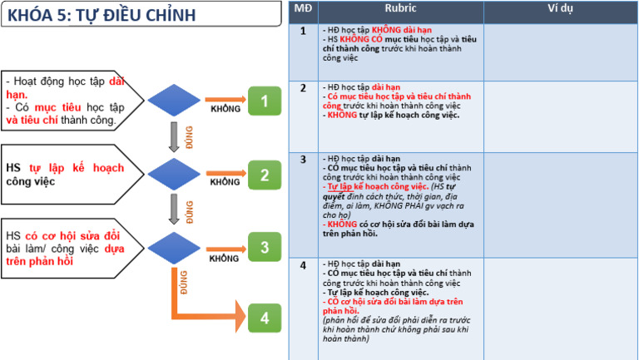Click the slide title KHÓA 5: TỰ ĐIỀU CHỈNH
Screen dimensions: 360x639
coord(100,15)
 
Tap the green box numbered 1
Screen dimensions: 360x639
coord(265,101)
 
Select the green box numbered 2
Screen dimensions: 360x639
coord(265,175)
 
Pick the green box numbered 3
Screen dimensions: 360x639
coord(265,247)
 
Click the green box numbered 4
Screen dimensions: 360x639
coord(265,318)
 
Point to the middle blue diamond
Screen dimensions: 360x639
coord(175,175)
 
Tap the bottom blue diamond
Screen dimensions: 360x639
coord(175,247)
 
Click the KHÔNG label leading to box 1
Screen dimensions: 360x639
coord(225,109)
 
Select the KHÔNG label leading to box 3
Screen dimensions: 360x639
coord(225,259)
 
